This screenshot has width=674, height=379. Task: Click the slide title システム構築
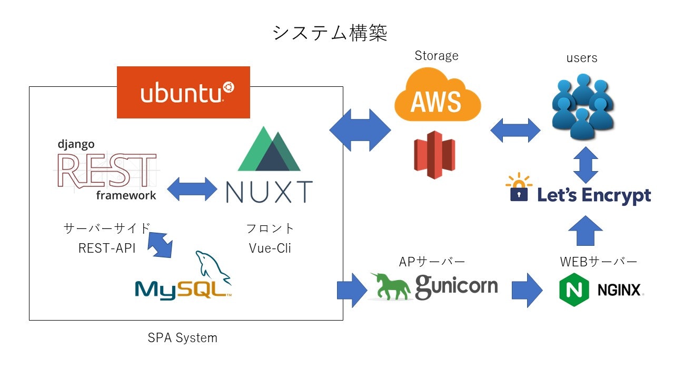330,33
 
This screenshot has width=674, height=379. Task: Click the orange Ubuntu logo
183,92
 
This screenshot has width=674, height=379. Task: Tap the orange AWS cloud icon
437,97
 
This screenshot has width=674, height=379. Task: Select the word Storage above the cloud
437,56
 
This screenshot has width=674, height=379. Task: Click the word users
582,58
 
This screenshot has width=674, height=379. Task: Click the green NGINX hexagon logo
573,290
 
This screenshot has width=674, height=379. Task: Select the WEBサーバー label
598,262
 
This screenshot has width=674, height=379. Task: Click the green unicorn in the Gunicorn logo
393,286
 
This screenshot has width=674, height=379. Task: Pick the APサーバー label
432,262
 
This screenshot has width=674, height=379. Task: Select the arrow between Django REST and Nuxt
192,188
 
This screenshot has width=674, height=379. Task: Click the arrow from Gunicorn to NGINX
527,290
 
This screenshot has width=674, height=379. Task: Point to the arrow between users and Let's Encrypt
586,165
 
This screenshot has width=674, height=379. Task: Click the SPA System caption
182,338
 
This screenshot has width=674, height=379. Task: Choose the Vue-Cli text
270,248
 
